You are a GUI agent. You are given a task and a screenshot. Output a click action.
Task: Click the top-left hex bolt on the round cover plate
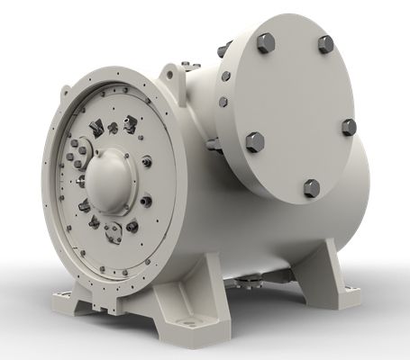pos(265,41)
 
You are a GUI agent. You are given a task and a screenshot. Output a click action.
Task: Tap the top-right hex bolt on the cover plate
pos(325,43)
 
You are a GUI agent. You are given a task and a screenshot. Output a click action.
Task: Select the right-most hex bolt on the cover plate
pos(349,127)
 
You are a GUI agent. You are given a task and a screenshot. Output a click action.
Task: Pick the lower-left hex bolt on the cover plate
pos(254,142)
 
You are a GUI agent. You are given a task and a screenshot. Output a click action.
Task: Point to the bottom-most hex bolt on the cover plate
pos(311,187)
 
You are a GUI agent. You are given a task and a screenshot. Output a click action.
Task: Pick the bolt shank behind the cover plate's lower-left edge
pos(213,143)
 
